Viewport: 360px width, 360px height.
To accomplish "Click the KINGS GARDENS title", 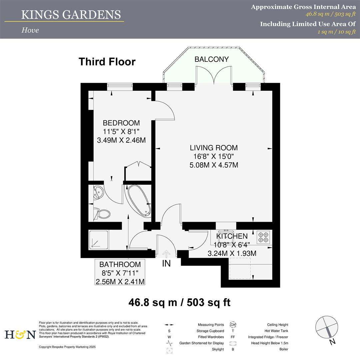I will [71, 15].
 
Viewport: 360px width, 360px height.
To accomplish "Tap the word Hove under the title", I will [30, 30].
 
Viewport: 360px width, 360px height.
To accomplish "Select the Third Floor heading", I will [107, 62].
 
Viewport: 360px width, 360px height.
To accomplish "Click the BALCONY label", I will [212, 59].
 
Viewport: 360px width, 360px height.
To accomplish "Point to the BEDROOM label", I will [121, 123].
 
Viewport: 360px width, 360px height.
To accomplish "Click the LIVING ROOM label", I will [214, 148].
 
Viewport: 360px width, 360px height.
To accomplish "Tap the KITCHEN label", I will [232, 236].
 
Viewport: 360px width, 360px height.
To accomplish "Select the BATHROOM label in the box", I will [120, 264].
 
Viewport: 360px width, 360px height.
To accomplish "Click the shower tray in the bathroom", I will [99, 240].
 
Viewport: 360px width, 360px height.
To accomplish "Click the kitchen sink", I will [226, 234].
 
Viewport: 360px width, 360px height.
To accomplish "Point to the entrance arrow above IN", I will [166, 254].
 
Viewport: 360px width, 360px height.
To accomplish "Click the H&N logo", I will [20, 334].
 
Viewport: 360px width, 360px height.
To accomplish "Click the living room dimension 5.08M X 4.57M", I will [214, 165].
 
